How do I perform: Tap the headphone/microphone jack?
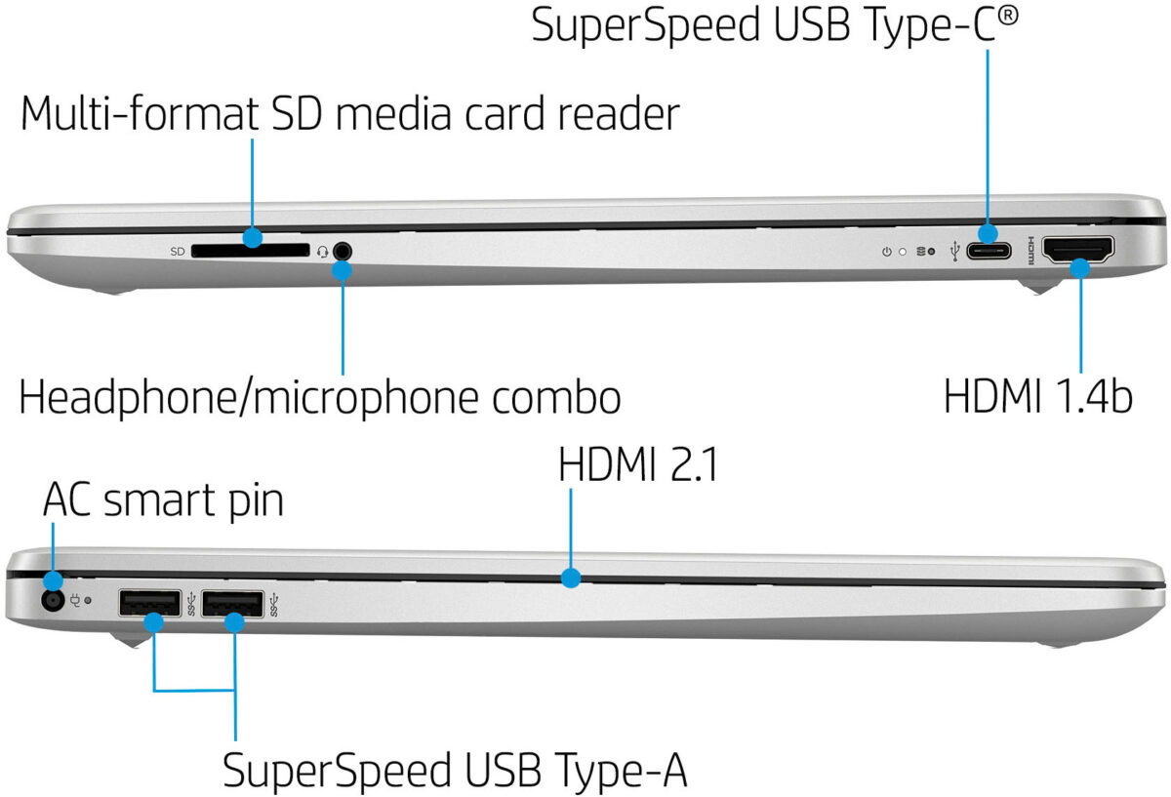coord(341,251)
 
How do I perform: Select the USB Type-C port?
coord(989,252)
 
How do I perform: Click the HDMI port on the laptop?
coord(1079,251)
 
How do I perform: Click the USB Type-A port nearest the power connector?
coord(149,605)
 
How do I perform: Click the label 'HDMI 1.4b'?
coord(1037,397)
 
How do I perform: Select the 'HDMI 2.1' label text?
coord(638,465)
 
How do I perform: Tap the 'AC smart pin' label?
coord(163,500)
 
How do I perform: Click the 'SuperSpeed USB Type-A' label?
coord(455,771)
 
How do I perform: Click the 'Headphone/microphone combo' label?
coord(320,398)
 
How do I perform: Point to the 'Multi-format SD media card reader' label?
coord(349,114)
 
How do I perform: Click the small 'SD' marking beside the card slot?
coord(178,252)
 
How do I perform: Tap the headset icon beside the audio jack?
coord(322,252)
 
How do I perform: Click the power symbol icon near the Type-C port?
coord(886,252)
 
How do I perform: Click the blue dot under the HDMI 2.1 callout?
coord(571,578)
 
